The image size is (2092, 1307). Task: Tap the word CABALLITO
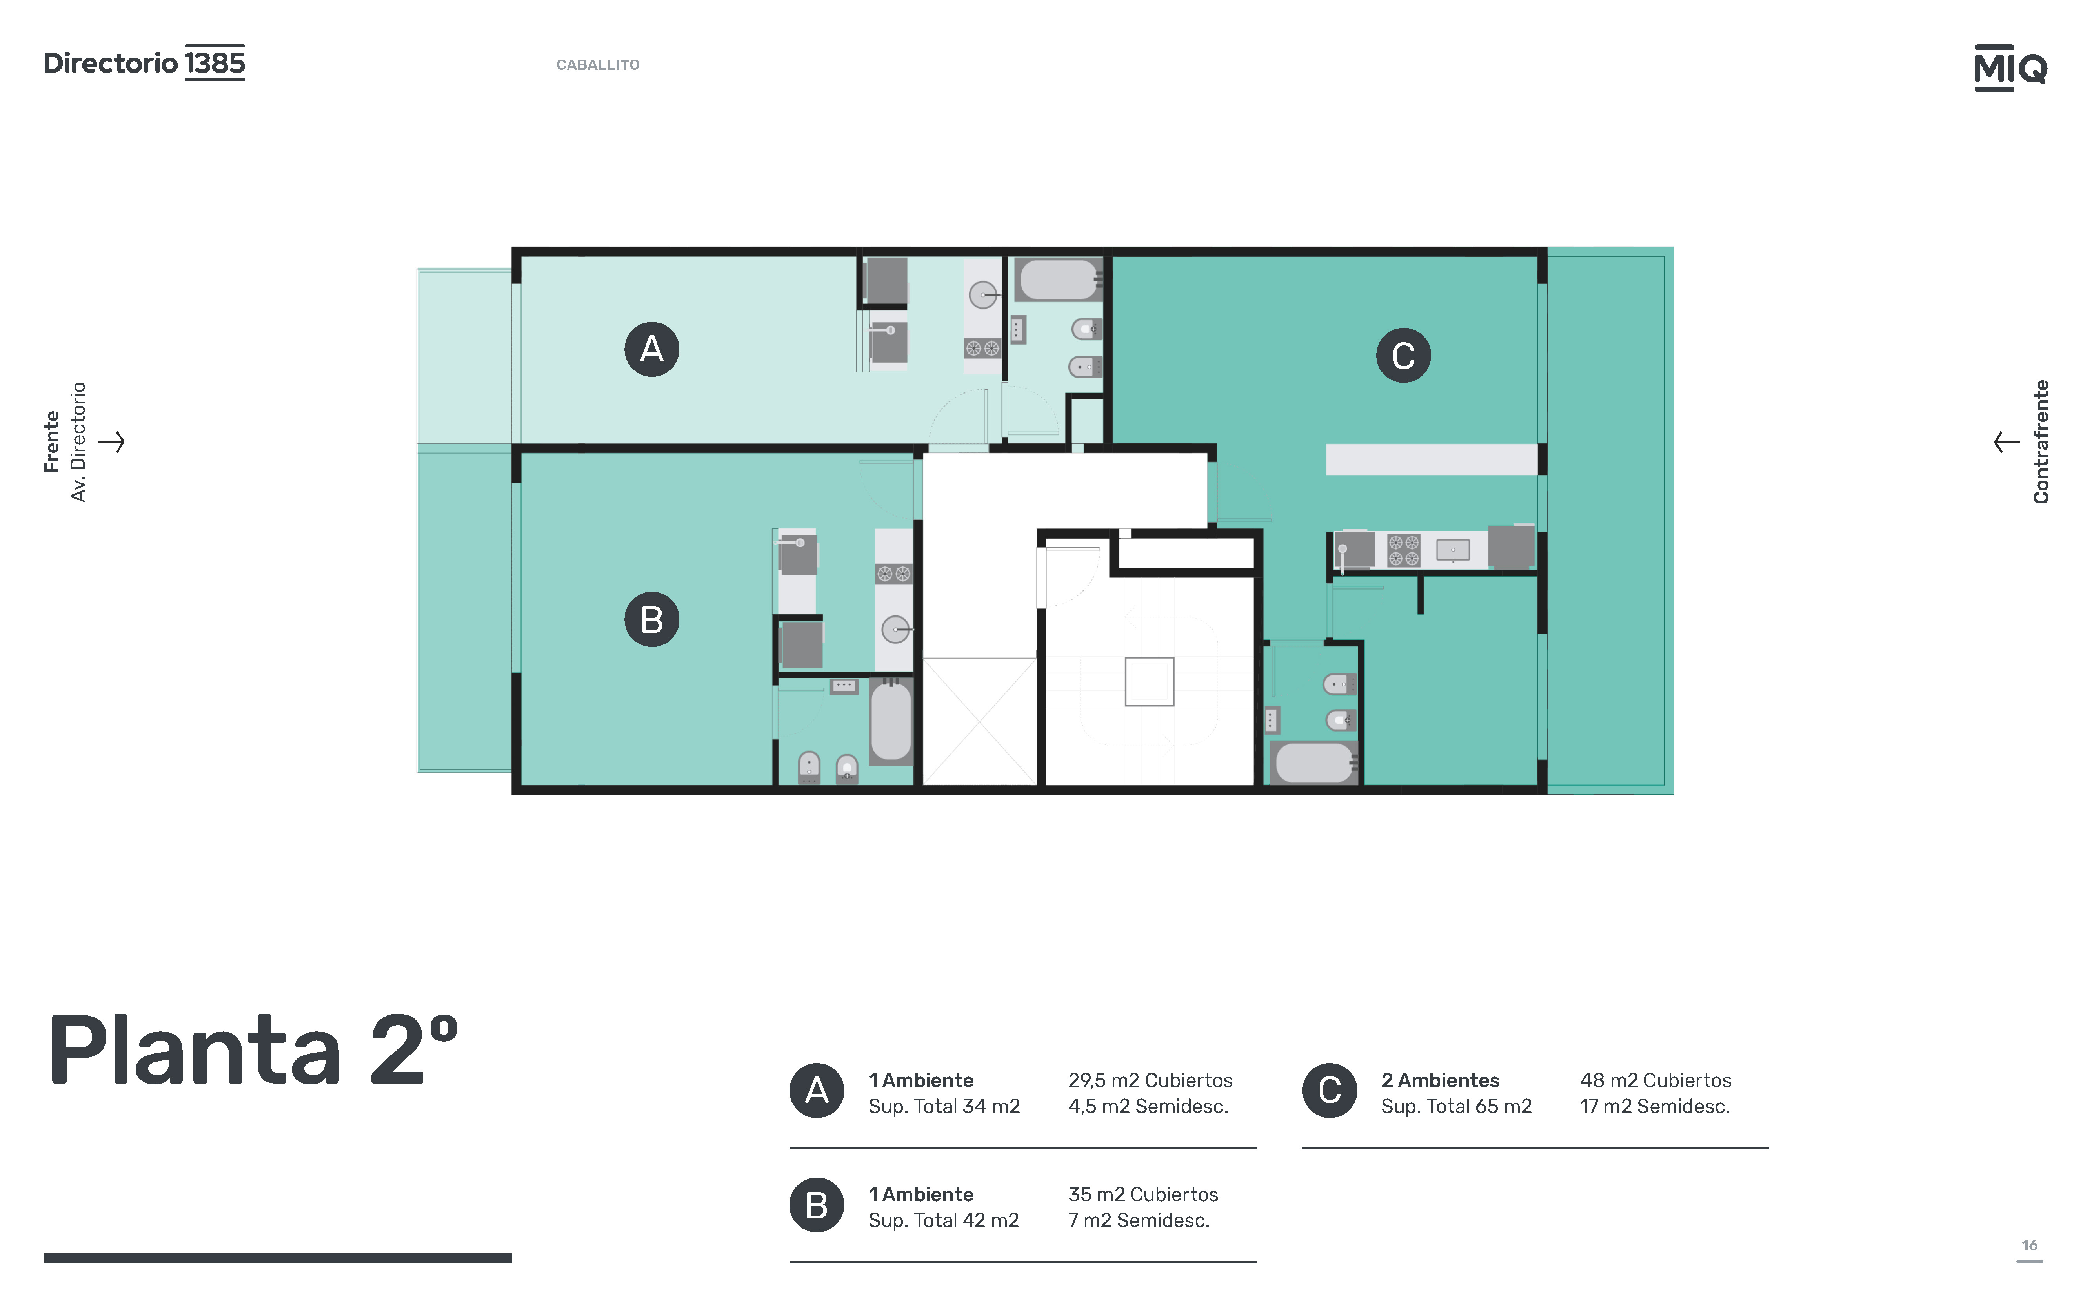click(x=598, y=65)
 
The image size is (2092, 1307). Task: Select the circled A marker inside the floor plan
click(x=651, y=349)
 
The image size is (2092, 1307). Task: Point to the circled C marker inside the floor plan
click(x=1403, y=355)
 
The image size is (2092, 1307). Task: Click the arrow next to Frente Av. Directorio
click(x=111, y=442)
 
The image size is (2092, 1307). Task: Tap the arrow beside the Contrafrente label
click(x=2007, y=442)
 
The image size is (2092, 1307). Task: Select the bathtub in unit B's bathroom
click(x=891, y=721)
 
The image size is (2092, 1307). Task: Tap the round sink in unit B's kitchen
click(x=895, y=629)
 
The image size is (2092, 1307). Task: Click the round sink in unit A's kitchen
click(x=982, y=296)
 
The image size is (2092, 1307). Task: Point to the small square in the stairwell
click(x=1150, y=681)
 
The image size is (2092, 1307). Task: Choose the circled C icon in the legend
click(x=1329, y=1090)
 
